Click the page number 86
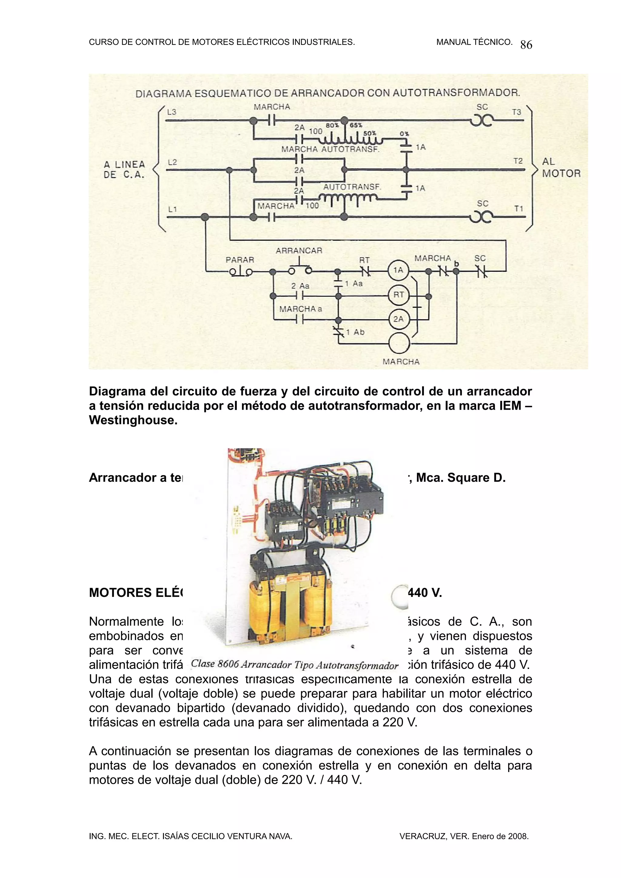pos(526,45)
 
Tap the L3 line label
pos(172,112)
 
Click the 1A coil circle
pos(398,270)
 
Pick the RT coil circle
pos(398,295)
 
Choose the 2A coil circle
pos(398,319)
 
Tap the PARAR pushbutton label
pos(240,260)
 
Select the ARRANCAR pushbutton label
pos(299,251)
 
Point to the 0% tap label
pos(404,134)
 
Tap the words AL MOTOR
pos(561,168)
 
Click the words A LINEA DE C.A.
pos(124,169)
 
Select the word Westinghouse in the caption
pos(133,420)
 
